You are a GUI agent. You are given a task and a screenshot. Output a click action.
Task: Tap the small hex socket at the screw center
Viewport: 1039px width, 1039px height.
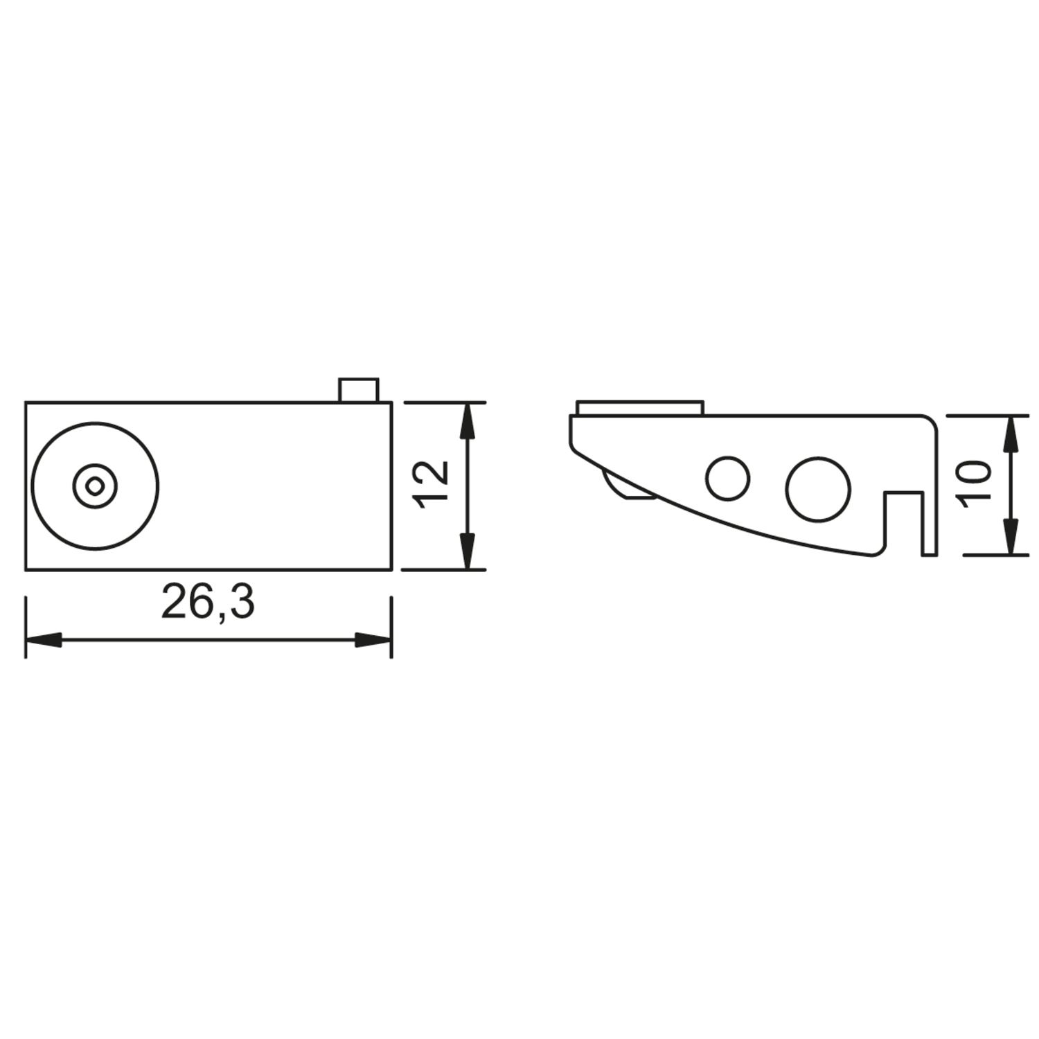(95, 486)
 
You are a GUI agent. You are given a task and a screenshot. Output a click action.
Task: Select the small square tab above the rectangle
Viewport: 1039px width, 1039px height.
(358, 390)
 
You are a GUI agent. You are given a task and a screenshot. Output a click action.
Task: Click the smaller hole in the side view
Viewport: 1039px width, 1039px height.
(727, 478)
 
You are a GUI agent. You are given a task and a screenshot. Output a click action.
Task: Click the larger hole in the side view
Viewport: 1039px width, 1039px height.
(818, 488)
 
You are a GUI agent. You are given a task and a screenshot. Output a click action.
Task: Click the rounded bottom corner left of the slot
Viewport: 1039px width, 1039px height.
(877, 551)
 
